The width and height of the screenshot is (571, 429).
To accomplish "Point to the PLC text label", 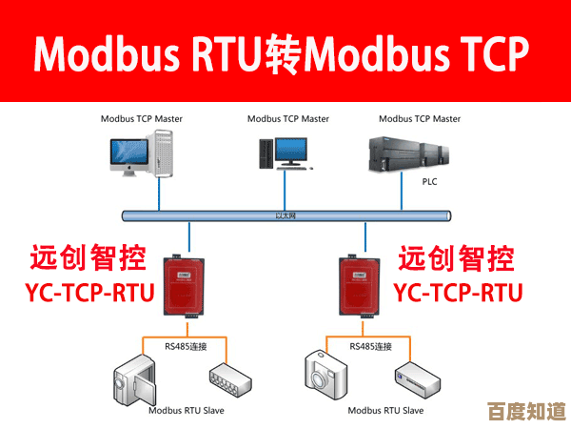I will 430,179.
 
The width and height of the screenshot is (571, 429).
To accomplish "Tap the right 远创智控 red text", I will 456,257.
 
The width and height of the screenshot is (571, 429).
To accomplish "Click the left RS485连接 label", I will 186,346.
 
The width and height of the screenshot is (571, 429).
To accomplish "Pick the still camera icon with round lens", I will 326,376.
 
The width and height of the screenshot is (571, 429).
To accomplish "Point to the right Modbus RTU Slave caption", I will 385,411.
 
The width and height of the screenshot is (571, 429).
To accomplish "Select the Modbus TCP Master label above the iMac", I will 142,119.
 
